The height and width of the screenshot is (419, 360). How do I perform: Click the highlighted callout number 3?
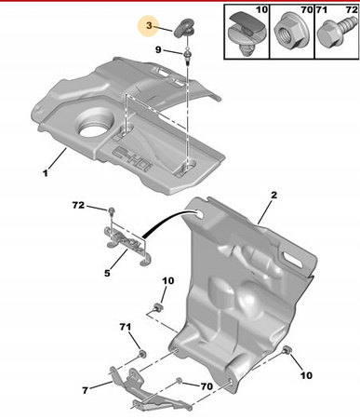point(150,26)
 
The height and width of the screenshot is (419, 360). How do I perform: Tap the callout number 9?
point(158,49)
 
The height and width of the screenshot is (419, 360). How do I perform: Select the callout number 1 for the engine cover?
point(46,173)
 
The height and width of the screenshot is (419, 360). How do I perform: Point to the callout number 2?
point(273,196)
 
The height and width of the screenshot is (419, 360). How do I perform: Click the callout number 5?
point(107,273)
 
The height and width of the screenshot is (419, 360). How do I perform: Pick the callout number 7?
point(86,390)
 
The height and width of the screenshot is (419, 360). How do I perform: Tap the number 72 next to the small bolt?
point(78,205)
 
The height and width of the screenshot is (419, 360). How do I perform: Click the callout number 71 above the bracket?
point(126,327)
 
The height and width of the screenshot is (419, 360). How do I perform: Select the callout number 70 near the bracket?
point(207,386)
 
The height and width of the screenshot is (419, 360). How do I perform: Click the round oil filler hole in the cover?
point(93,129)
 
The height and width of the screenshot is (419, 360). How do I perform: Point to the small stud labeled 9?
point(188,56)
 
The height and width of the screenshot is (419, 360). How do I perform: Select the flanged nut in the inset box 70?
point(287,33)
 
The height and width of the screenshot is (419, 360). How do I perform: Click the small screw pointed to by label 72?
point(112,211)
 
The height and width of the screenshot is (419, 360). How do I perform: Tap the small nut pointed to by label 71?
point(142,354)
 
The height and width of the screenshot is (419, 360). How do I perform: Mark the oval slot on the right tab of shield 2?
point(292,260)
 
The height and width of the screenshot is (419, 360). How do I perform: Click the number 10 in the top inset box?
point(261,9)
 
